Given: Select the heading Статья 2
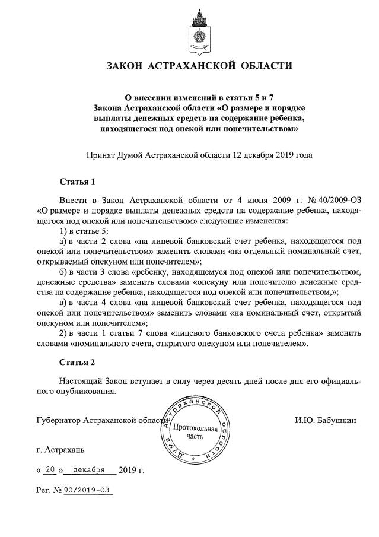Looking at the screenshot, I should tap(78, 361).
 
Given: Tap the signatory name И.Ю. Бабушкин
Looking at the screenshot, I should tap(326, 421).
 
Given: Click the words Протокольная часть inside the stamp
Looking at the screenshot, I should tap(195, 432).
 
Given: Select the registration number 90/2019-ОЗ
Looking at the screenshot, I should tap(89, 491).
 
